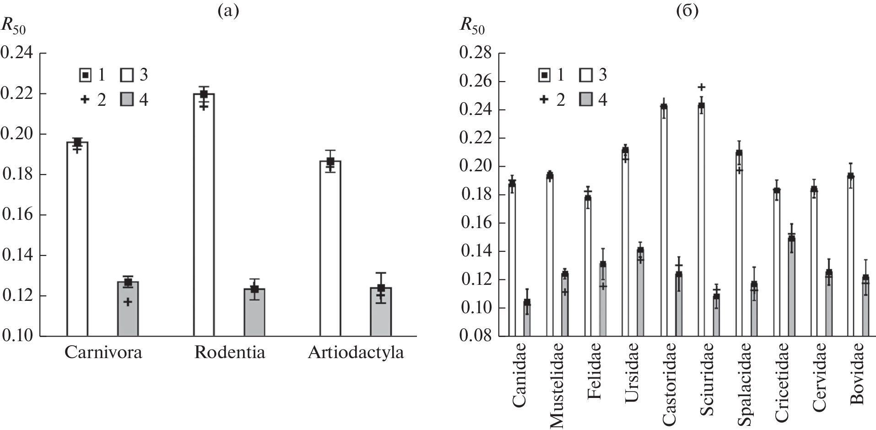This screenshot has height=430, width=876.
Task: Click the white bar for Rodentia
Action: [x=204, y=215]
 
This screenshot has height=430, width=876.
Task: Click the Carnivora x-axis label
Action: [x=103, y=353]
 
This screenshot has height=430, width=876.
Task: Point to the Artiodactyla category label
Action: [x=356, y=353]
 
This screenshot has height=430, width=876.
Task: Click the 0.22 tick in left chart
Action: [x=17, y=94]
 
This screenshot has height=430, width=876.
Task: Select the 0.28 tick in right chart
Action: [x=476, y=54]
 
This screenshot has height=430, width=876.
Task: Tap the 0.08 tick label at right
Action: [x=476, y=336]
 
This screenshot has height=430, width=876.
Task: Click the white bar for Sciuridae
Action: [x=701, y=220]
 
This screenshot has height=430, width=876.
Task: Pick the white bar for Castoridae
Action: [x=663, y=220]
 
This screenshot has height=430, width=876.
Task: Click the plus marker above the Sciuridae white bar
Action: [x=701, y=87]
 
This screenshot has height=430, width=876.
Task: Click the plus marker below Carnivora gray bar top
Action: [x=128, y=302]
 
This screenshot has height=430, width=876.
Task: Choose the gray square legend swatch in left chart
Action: [x=127, y=100]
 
